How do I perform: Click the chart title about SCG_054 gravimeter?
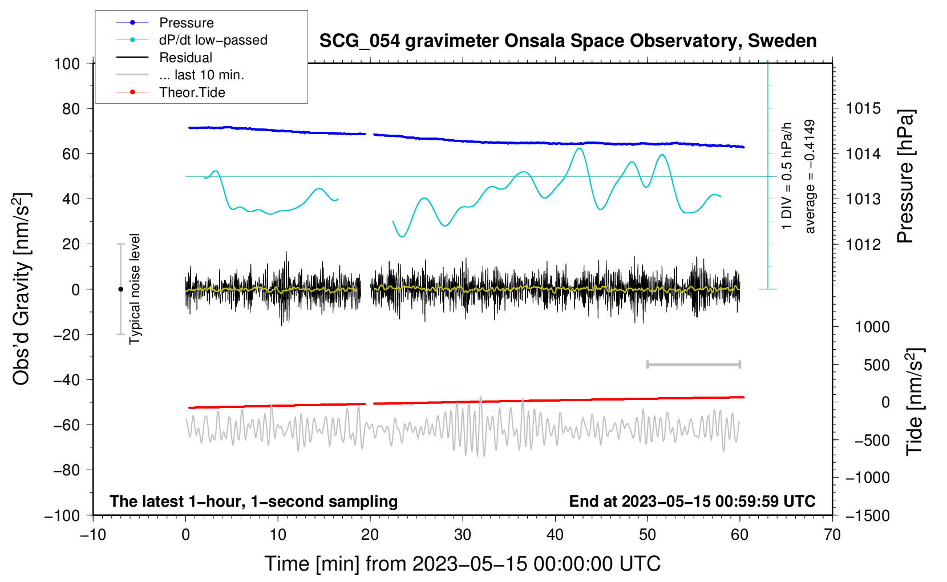pos(568,41)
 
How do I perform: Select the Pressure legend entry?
pos(186,23)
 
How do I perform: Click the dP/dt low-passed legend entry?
pos(213,40)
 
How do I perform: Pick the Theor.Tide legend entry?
pos(192,92)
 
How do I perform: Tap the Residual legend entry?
pos(185,58)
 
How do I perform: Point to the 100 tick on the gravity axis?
pos(67,63)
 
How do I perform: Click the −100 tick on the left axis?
pos(63,515)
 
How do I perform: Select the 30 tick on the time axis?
pos(463,535)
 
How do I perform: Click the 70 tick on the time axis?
pos(832,535)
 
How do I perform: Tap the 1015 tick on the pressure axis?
pos(863,108)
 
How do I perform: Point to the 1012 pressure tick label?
pos(863,245)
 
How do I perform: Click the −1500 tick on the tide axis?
pos(867,515)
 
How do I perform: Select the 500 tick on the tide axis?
pos(876,365)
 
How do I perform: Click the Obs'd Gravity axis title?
pos(21,289)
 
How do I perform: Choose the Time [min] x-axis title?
pos(462,564)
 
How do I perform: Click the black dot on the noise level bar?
pos(120,289)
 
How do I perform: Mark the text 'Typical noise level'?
pos(135,289)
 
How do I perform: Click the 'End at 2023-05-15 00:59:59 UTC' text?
pos(692,501)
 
